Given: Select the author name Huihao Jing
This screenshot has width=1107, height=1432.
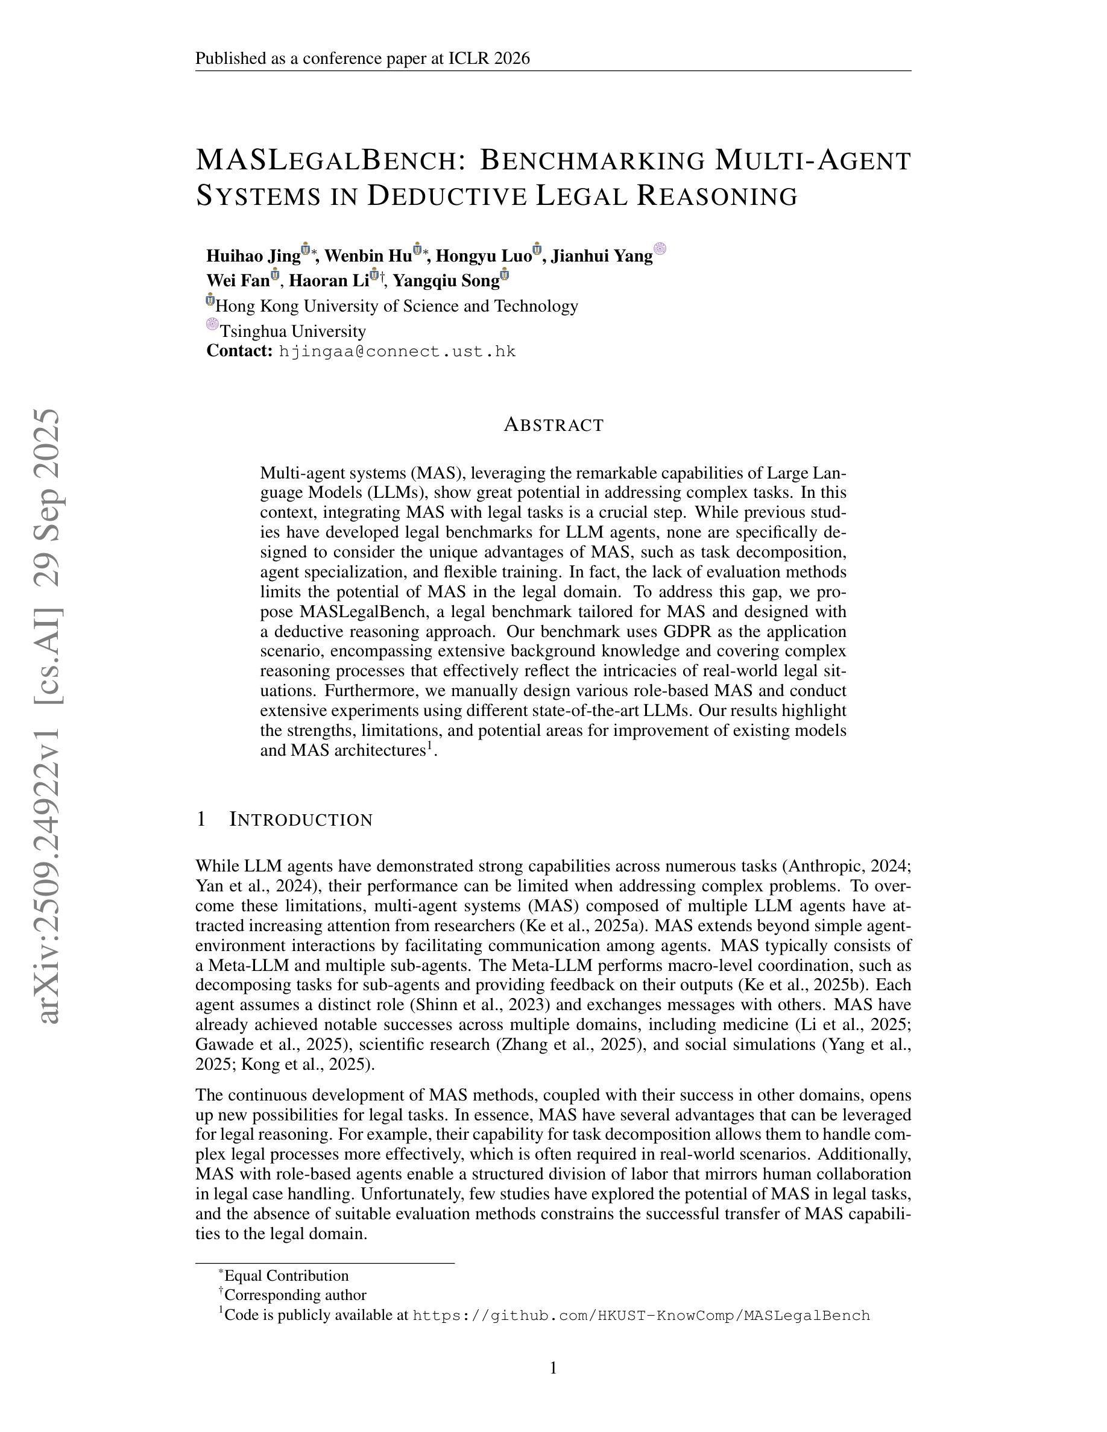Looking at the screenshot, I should [x=253, y=256].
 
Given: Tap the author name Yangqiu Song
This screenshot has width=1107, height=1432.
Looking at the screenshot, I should [x=446, y=281].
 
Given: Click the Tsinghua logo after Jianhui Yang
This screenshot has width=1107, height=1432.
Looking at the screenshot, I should [x=660, y=248].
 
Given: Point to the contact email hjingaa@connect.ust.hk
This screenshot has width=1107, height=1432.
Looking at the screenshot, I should [x=397, y=351].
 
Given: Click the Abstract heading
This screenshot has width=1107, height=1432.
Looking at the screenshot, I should [x=553, y=425].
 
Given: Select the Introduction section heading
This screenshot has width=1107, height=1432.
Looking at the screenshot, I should [x=300, y=820].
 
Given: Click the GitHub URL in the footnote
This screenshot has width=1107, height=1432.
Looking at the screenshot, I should [x=641, y=1315].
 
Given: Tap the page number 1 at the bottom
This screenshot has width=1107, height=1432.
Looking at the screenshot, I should [x=553, y=1368].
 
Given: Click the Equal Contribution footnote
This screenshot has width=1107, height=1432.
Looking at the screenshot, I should [x=286, y=1275].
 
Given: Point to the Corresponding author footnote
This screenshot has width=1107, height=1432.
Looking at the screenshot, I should [x=294, y=1295].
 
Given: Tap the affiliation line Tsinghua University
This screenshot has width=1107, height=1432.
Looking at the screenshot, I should [x=292, y=331].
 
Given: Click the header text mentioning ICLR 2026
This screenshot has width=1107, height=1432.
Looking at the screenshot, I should [x=362, y=59].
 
